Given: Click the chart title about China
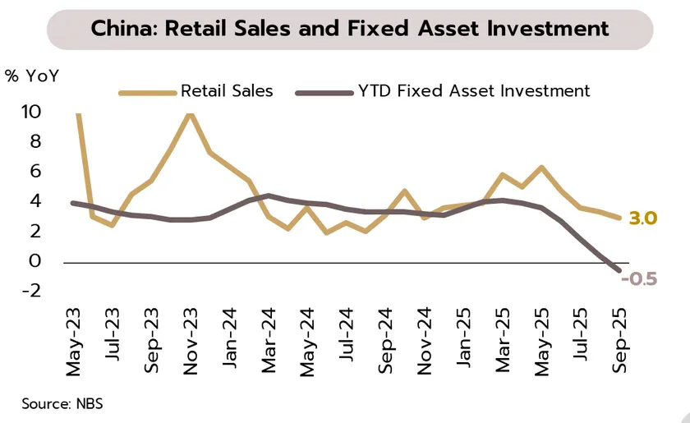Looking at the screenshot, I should coord(350,29).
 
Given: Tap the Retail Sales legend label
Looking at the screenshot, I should coord(227,90).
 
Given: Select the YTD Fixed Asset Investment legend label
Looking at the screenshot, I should coord(474,90).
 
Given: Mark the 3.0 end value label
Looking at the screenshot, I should coord(642,219).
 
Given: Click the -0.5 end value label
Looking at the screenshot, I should coord(640,279).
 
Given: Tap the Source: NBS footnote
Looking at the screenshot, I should coord(62,403).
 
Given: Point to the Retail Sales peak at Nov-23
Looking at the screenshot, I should coord(191,113).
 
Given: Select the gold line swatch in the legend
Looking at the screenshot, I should coord(148,91).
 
